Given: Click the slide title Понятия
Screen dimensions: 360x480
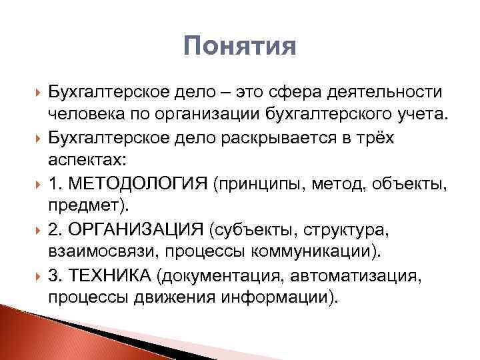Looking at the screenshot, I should [x=239, y=47].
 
